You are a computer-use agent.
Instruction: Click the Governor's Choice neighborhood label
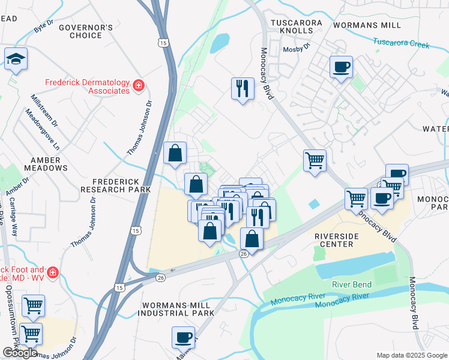click(85, 31)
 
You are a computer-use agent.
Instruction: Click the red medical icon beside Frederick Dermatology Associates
click(139, 86)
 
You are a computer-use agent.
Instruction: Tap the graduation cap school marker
click(16, 59)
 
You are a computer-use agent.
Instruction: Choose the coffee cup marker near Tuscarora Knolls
click(341, 68)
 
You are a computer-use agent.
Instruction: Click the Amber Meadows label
click(46, 164)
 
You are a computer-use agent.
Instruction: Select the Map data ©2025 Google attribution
click(411, 355)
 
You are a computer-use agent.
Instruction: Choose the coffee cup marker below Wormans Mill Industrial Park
click(184, 337)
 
